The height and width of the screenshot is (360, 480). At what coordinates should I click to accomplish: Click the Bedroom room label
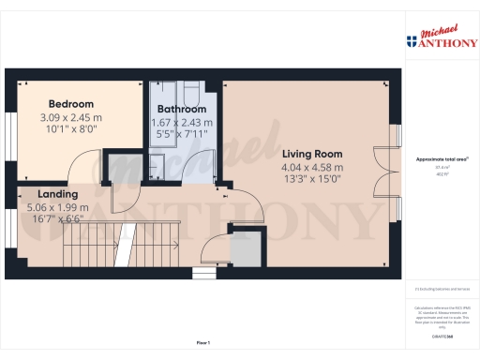coord(71,103)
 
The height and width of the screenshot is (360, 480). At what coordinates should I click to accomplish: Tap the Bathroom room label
coord(183,109)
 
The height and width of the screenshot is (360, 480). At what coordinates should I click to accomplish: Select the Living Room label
coord(312,154)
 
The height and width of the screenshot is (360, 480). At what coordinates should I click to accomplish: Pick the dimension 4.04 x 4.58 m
coord(312,168)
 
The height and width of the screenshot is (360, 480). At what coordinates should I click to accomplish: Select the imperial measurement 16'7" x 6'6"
coord(57,219)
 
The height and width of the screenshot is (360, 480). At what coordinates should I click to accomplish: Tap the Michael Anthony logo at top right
coord(442,37)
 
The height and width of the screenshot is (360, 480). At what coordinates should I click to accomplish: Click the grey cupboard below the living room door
coord(247,249)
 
